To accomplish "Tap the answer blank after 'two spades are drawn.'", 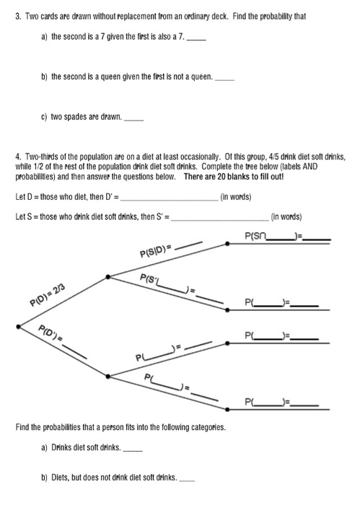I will pyautogui.click(x=136, y=121).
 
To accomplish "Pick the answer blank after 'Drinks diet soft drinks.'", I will pyautogui.click(x=133, y=449).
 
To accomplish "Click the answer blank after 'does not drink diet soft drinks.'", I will pyautogui.click(x=186, y=478).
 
